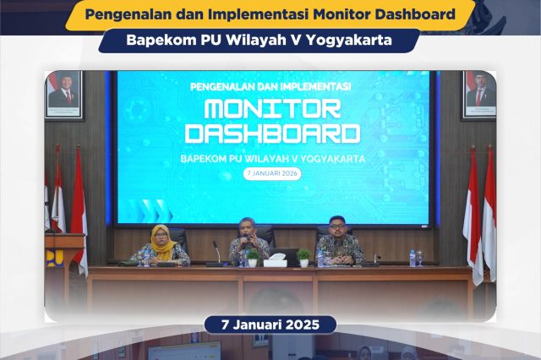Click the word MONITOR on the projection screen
click(x=272, y=109)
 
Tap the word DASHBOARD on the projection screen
click(x=272, y=134)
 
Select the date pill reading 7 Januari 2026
click(x=271, y=173)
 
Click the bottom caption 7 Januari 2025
click(x=270, y=325)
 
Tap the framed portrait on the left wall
click(x=64, y=94)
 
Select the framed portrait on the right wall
click(x=480, y=94)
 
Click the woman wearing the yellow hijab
click(x=160, y=246)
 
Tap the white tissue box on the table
click(x=276, y=260)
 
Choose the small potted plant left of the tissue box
click(x=253, y=257)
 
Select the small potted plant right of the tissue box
click(x=303, y=257)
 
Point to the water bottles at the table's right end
click(x=415, y=258)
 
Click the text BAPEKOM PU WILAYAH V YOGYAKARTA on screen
click(x=271, y=157)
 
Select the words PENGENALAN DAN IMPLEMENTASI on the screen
click(x=271, y=86)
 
